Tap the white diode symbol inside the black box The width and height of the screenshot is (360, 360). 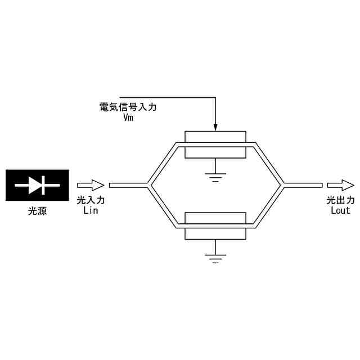[37, 184]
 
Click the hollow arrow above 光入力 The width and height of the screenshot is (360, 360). [91, 184]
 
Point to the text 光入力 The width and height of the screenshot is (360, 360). [91, 200]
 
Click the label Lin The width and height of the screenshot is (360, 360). [91, 210]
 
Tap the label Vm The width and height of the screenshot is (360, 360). [128, 118]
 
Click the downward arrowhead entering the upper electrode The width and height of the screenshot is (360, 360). [215, 127]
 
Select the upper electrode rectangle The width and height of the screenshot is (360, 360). [215, 137]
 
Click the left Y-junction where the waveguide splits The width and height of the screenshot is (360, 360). [149, 184]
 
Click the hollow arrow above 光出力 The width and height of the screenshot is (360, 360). [341, 184]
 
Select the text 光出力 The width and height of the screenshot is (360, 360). [341, 200]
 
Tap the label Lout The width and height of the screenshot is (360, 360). [341, 210]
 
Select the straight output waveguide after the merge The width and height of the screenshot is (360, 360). [304, 184]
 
